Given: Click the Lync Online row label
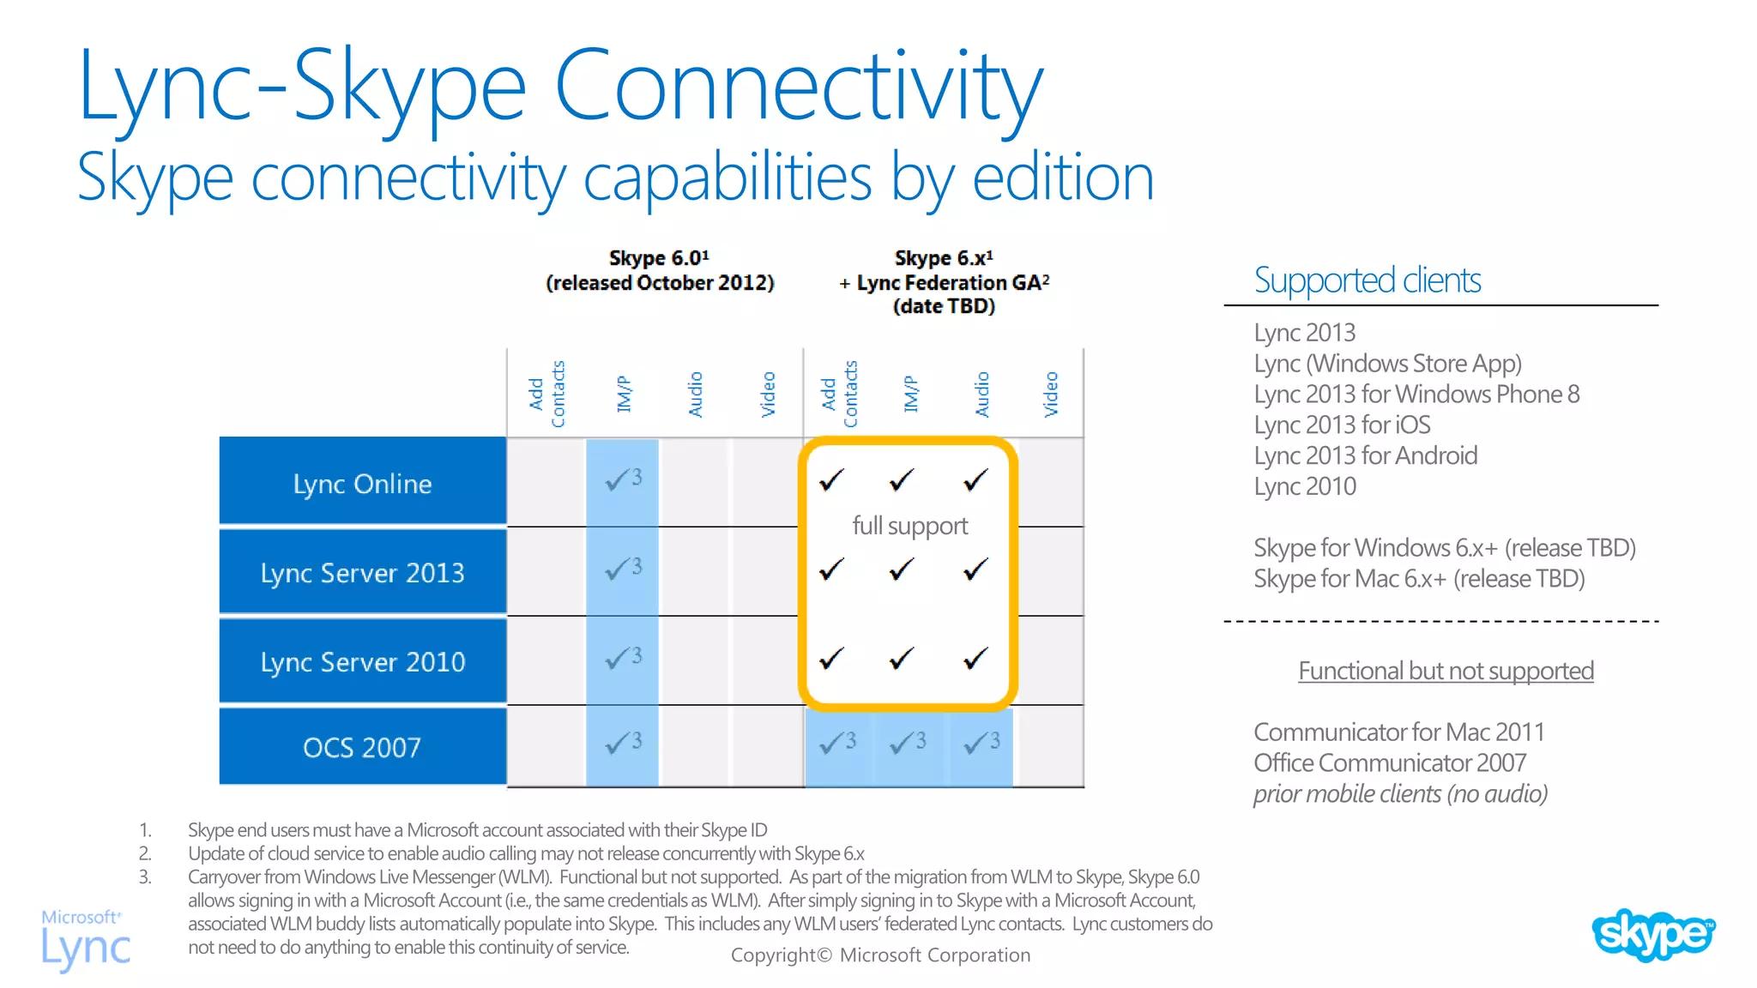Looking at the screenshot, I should tap(362, 484).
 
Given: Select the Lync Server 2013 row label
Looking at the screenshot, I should tap(362, 573).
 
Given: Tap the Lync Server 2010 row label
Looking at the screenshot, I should tap(362, 662).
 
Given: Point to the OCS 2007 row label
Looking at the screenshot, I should tap(362, 748).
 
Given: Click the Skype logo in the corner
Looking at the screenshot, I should tap(1652, 934).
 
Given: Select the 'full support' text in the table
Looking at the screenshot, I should tap(909, 525).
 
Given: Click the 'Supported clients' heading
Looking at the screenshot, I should tap(1367, 280).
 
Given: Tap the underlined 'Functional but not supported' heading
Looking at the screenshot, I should tap(1446, 671).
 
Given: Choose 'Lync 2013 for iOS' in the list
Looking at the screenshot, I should tap(1342, 425).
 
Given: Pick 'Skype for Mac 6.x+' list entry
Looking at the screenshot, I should tap(1418, 579).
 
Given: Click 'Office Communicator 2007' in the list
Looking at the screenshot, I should tap(1390, 762).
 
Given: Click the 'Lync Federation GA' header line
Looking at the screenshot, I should tap(944, 282).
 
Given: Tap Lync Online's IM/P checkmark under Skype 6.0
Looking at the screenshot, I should tap(622, 479).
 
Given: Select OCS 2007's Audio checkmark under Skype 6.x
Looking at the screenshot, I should tap(981, 742).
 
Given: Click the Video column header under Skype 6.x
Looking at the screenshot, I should tap(1051, 395).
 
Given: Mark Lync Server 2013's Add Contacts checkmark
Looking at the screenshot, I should tap(831, 569).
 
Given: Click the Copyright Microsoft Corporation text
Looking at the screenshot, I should tap(880, 955).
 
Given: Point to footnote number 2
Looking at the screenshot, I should tap(145, 853).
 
